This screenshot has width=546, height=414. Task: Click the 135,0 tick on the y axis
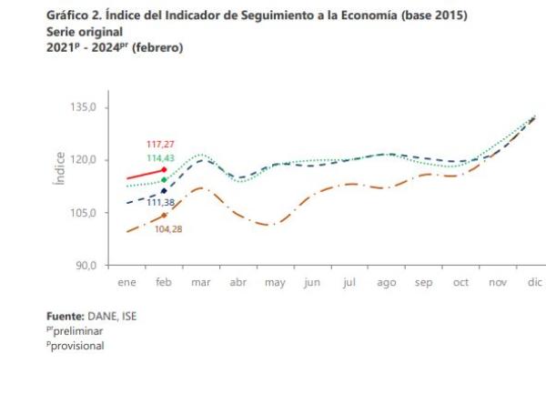[95, 107]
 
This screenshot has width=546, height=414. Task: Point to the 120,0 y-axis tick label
[95, 160]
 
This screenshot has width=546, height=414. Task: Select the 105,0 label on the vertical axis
[95, 213]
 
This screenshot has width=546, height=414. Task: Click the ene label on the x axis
[126, 283]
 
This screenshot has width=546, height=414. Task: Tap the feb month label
[164, 283]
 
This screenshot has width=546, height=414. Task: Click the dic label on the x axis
[535, 283]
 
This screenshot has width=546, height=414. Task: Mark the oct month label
[460, 283]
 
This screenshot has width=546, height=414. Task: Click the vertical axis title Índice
[60, 169]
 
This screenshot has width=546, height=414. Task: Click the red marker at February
[164, 169]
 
